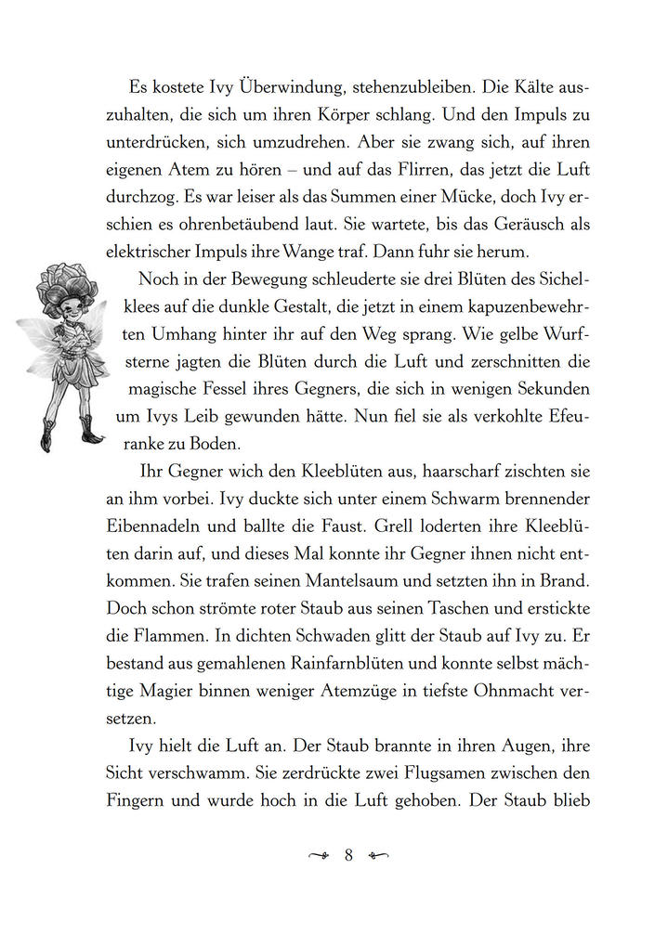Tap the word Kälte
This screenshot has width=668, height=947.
click(502, 86)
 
